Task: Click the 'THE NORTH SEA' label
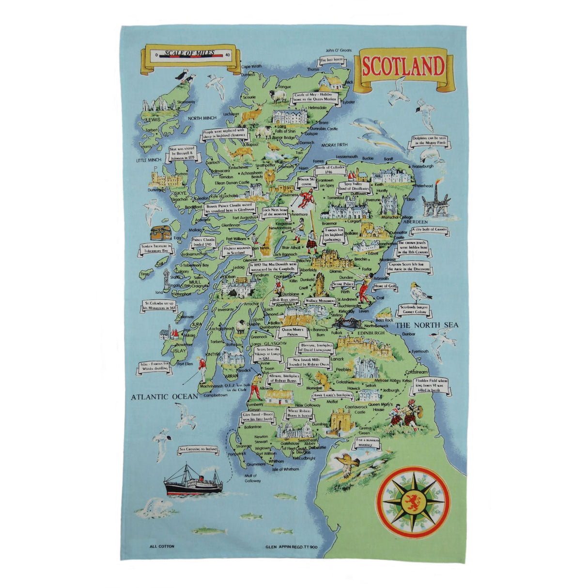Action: tap(427, 325)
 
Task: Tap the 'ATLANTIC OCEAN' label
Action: tap(165, 397)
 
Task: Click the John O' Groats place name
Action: tap(338, 50)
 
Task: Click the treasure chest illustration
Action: tap(160, 232)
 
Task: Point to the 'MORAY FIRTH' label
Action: tap(334, 145)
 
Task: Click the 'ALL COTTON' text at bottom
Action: tap(162, 547)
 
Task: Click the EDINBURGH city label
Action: tap(370, 333)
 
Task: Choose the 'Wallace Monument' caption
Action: tap(320, 301)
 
